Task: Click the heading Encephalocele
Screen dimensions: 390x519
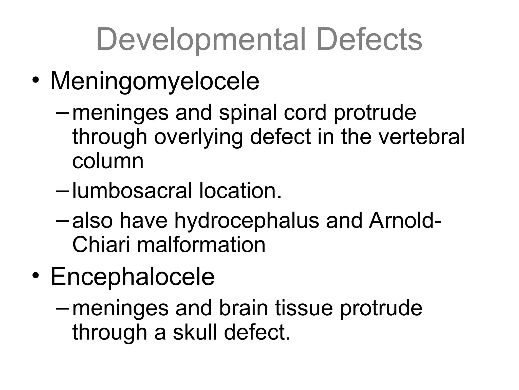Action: (133, 277)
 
